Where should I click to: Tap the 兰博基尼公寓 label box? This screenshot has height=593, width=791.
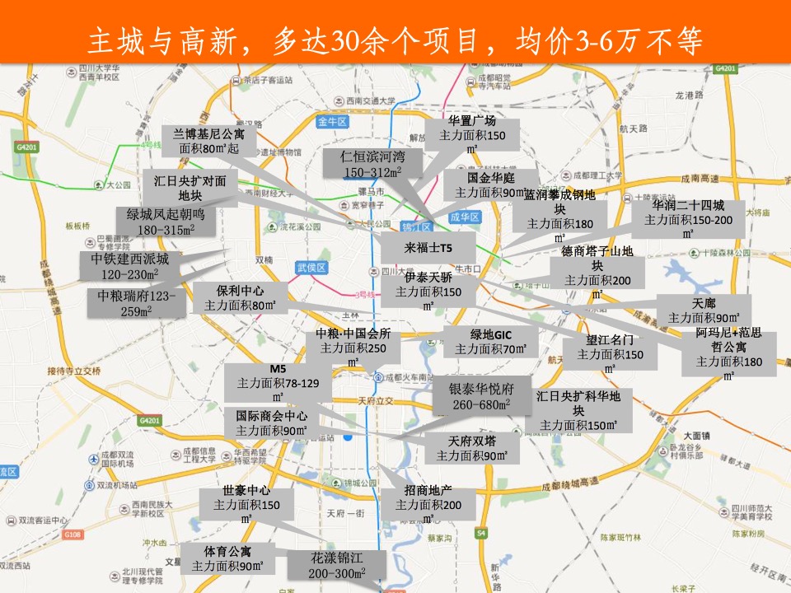coord(209,141)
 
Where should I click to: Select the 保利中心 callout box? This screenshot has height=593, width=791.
coord(240,298)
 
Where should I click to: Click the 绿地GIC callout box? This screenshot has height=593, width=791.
coord(492,341)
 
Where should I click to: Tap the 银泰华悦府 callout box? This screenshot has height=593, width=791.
coord(481,396)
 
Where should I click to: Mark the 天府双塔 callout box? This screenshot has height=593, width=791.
coord(472,448)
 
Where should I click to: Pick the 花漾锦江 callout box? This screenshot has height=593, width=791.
coord(338,566)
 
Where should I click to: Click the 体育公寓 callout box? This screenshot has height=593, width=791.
coord(227,558)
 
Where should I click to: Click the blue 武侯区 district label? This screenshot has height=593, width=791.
coord(311,268)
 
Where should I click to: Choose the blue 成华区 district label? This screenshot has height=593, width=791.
coord(464,217)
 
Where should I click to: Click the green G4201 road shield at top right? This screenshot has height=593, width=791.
coord(725,68)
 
